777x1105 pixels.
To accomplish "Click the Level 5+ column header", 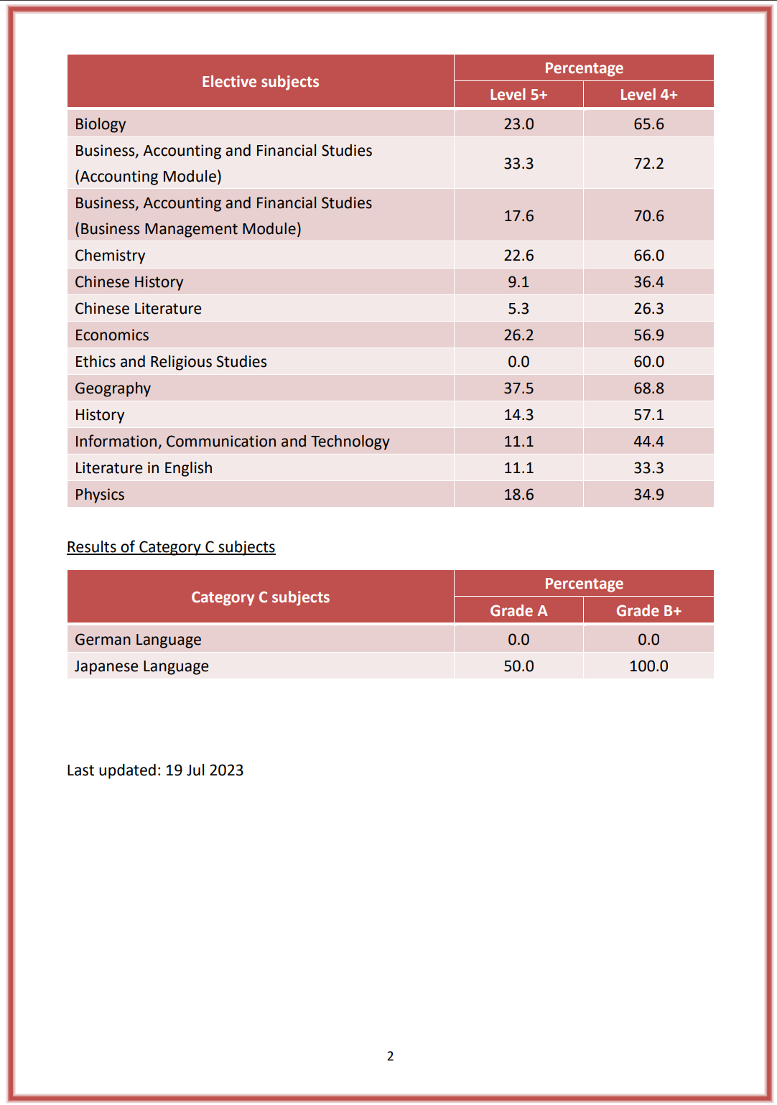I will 518,95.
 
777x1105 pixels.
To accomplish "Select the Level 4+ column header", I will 648,95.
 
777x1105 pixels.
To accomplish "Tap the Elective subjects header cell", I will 260,82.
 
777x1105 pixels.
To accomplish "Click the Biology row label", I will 101,124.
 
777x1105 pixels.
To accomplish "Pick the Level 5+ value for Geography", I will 518,388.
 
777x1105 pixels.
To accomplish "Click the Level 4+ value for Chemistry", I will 648,256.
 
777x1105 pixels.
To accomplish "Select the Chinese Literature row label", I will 138,309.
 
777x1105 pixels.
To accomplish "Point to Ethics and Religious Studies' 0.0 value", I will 518,362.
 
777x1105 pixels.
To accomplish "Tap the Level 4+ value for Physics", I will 648,495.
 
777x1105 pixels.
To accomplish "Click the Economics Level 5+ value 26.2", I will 518,335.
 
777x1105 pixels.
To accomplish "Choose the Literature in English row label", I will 144,468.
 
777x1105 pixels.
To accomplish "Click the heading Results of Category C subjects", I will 171,547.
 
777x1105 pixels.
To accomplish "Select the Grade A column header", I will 518,611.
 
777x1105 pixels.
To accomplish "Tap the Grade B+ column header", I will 648,611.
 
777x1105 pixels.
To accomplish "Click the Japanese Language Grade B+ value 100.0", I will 648,666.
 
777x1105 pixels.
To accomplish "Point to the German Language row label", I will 138,640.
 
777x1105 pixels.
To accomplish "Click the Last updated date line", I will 155,770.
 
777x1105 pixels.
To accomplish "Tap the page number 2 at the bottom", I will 390,1056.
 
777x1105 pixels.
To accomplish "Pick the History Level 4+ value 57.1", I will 648,415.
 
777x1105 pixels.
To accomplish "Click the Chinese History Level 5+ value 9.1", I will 518,282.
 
